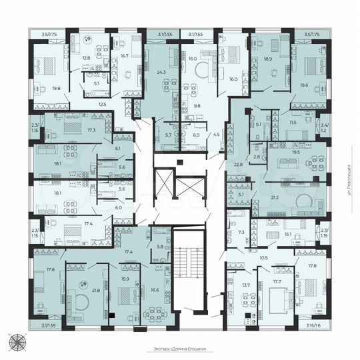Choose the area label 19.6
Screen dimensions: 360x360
[304, 85]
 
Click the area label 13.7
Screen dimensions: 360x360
[246, 285]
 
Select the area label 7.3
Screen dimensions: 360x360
[242, 233]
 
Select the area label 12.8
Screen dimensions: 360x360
[85, 59]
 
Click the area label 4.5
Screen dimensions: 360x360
[215, 135]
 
